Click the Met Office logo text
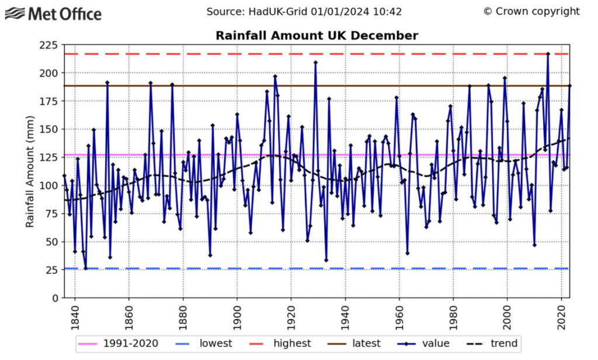point(64,13)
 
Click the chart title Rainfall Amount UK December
point(317,36)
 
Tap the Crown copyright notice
point(531,12)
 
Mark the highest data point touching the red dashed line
point(548,54)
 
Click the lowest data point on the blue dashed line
point(85,268)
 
